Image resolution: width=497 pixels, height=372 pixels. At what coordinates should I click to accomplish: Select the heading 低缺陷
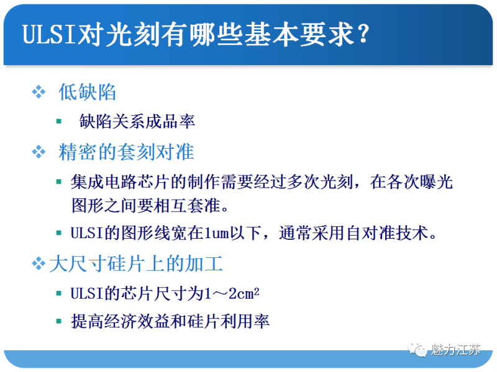click(88, 92)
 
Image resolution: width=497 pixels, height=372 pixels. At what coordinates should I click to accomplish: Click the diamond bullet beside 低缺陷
click(39, 92)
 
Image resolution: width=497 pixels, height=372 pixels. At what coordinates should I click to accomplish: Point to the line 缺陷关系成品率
click(137, 121)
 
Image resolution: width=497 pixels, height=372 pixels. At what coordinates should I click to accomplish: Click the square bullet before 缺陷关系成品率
click(59, 121)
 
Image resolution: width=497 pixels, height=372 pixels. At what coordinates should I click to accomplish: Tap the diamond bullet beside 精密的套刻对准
click(39, 151)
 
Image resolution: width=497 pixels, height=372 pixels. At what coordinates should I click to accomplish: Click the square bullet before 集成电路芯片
click(59, 182)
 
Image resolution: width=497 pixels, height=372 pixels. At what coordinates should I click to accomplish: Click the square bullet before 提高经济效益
click(59, 321)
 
